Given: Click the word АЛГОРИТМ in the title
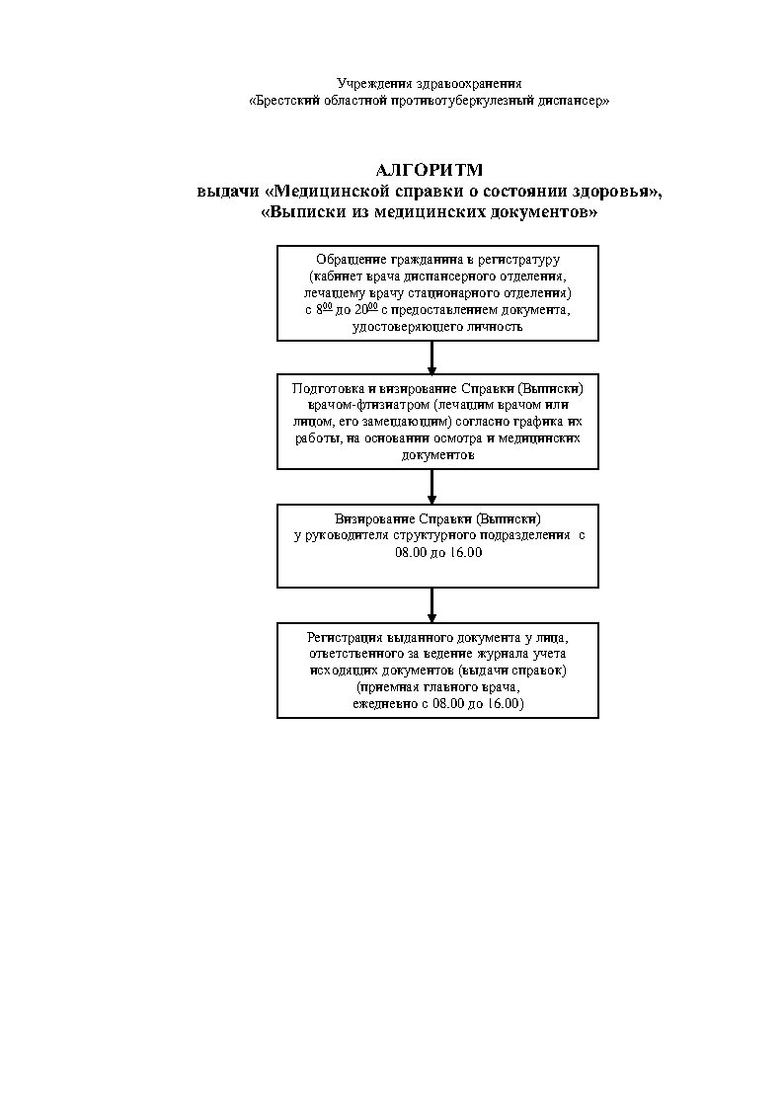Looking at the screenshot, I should pos(430,170).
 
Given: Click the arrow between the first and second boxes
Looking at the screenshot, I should pos(431,356).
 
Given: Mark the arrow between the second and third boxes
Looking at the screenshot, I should pos(431,487).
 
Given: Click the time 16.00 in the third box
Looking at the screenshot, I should pos(462,552).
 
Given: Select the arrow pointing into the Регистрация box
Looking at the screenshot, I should pos(431,604).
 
